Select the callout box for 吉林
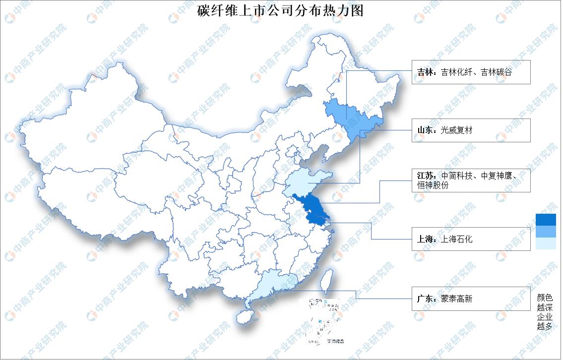[x=471, y=72]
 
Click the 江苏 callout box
[x=471, y=180]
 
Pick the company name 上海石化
[x=456, y=239]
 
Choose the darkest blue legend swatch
[x=546, y=220]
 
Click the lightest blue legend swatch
[x=546, y=243]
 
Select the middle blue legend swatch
[x=546, y=232]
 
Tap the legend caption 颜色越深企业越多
[x=544, y=312]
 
